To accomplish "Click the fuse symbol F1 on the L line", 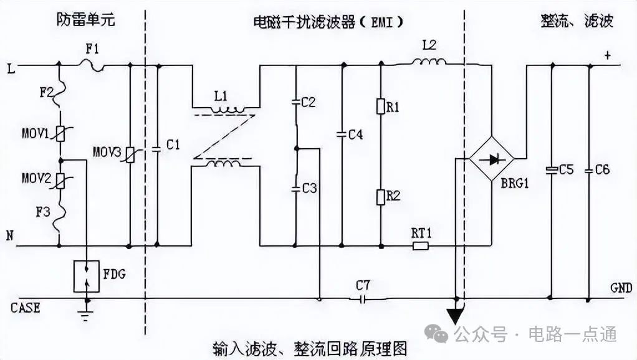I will pyautogui.click(x=92, y=64).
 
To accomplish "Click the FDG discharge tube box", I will pyautogui.click(x=86, y=276).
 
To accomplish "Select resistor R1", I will pyautogui.click(x=380, y=107).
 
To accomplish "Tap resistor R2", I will pyautogui.click(x=380, y=197).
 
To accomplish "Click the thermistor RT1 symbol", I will pyautogui.click(x=421, y=245).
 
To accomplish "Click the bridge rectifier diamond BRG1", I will pyautogui.click(x=492, y=159).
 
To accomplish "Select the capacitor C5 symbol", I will pyautogui.click(x=551, y=169).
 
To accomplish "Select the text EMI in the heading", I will pyautogui.click(x=382, y=22).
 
